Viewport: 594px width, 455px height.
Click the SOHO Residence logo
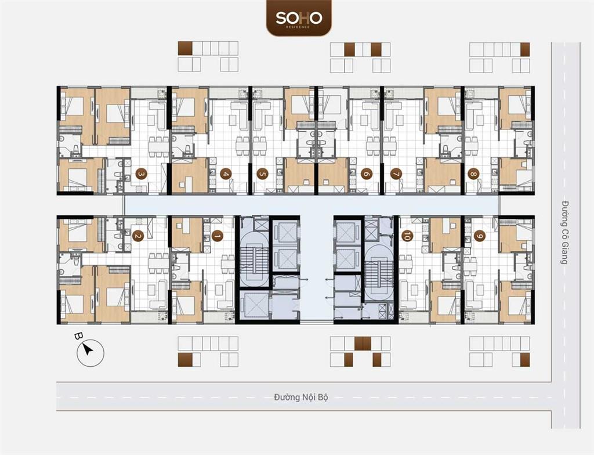[x=299, y=18]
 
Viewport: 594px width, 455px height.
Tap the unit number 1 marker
[x=217, y=236]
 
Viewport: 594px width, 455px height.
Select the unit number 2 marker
[x=137, y=236]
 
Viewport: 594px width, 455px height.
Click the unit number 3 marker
[x=140, y=173]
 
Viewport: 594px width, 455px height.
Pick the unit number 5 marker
[x=262, y=173]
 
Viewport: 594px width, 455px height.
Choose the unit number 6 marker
[x=366, y=173]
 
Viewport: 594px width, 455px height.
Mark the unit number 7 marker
[x=396, y=173]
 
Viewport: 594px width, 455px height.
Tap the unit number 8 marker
[x=474, y=173]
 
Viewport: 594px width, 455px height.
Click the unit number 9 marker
[x=479, y=236]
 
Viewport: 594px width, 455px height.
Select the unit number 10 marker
[x=407, y=236]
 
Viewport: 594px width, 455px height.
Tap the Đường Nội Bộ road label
[x=301, y=398]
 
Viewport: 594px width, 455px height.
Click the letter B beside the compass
[x=78, y=336]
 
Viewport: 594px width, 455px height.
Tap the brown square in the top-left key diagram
[x=184, y=49]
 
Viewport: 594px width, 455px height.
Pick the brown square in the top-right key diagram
[x=524, y=49]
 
